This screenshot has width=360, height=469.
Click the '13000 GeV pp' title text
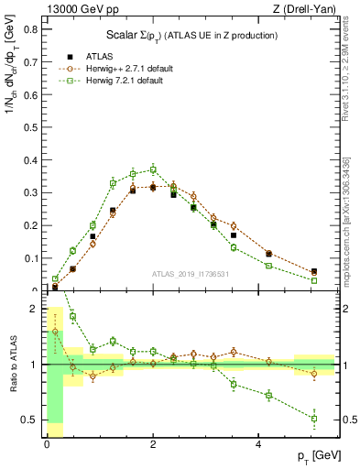coord(79,9)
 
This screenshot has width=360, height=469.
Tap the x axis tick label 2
coord(152,444)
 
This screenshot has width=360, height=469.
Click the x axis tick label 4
coord(258,444)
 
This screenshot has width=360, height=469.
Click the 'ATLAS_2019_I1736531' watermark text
coord(191,274)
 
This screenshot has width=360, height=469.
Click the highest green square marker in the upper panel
coord(153,169)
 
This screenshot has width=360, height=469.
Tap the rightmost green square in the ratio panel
coord(314,419)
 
